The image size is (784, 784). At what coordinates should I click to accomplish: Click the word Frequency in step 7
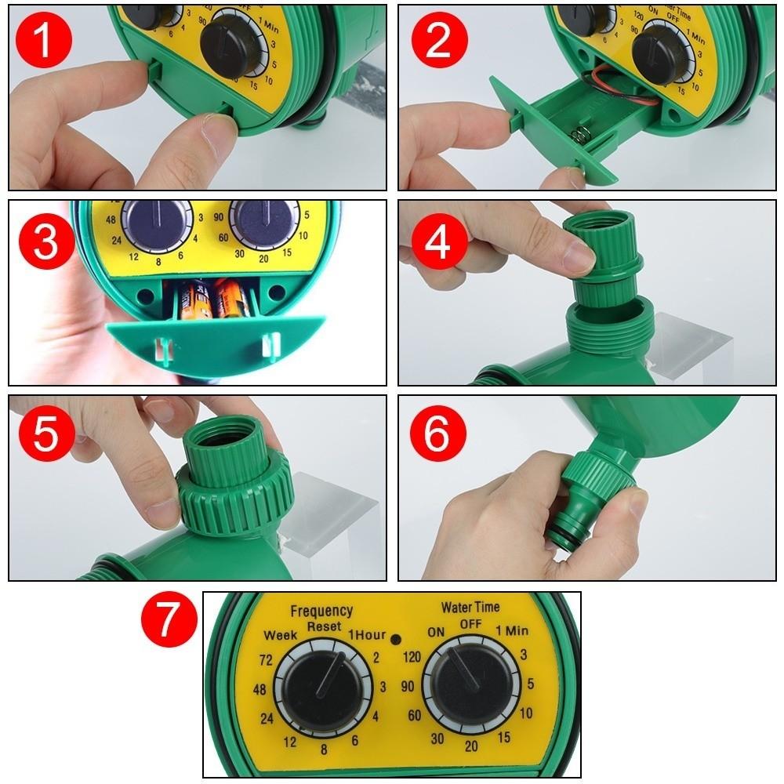pyautogui.click(x=321, y=610)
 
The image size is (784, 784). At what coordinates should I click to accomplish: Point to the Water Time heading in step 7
pyautogui.click(x=470, y=607)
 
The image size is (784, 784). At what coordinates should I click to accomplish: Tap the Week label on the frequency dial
pyautogui.click(x=281, y=634)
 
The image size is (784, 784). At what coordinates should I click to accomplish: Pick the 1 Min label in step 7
pyautogui.click(x=511, y=631)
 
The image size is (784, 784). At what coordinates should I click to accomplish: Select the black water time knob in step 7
pyautogui.click(x=470, y=688)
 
